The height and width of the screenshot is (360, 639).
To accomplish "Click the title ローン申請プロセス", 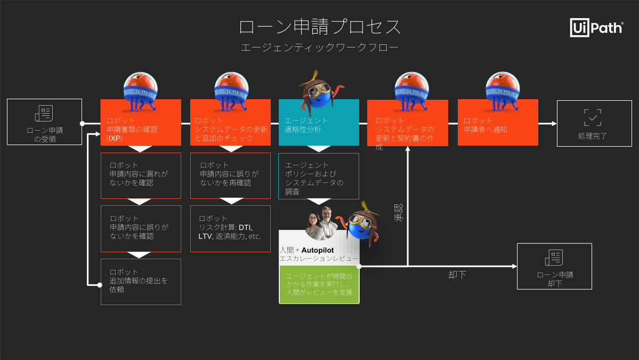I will click(x=319, y=27).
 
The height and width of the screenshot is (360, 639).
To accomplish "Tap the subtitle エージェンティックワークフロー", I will click(x=319, y=47).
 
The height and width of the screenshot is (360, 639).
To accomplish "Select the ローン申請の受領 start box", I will click(x=44, y=122).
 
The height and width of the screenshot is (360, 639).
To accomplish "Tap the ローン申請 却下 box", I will click(x=554, y=266).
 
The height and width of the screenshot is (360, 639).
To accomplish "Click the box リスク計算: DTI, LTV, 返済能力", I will click(x=230, y=228).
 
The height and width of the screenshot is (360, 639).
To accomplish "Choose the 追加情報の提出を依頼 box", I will click(x=141, y=282).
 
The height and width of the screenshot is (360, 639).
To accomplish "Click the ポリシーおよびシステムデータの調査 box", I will click(x=318, y=176).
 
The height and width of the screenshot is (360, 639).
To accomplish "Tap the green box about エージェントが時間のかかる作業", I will click(x=319, y=284).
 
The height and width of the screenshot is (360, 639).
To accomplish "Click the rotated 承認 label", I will click(x=399, y=212).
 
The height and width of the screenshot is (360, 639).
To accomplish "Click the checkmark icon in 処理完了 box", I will click(x=593, y=117).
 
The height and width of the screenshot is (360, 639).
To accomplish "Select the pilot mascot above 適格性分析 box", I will click(x=319, y=88).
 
